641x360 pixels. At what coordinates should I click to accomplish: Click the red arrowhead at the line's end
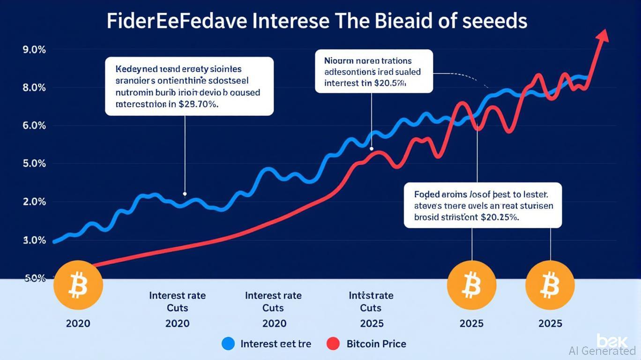pyautogui.click(x=604, y=36)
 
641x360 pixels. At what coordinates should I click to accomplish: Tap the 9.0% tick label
pyautogui.click(x=34, y=50)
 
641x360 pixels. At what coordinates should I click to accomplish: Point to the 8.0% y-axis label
pyautogui.click(x=34, y=88)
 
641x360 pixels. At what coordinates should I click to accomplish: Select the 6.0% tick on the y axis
pyautogui.click(x=34, y=126)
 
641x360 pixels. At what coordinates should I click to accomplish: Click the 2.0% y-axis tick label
pyautogui.click(x=34, y=202)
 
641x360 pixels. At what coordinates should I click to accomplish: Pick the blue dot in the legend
pyautogui.click(x=227, y=344)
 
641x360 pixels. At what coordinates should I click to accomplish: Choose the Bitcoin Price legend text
pyautogui.click(x=376, y=344)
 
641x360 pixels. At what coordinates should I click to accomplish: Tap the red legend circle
pyautogui.click(x=333, y=344)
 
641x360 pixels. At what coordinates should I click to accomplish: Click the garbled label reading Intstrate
pyautogui.click(x=371, y=296)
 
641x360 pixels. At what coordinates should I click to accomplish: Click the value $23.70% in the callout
pyautogui.click(x=199, y=105)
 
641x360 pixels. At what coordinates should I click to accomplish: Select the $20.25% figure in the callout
pyautogui.click(x=499, y=217)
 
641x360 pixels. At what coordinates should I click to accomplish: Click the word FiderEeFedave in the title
pyautogui.click(x=175, y=22)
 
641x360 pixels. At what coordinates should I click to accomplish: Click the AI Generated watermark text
pyautogui.click(x=602, y=351)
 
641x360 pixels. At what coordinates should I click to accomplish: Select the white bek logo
pyautogui.click(x=609, y=340)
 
